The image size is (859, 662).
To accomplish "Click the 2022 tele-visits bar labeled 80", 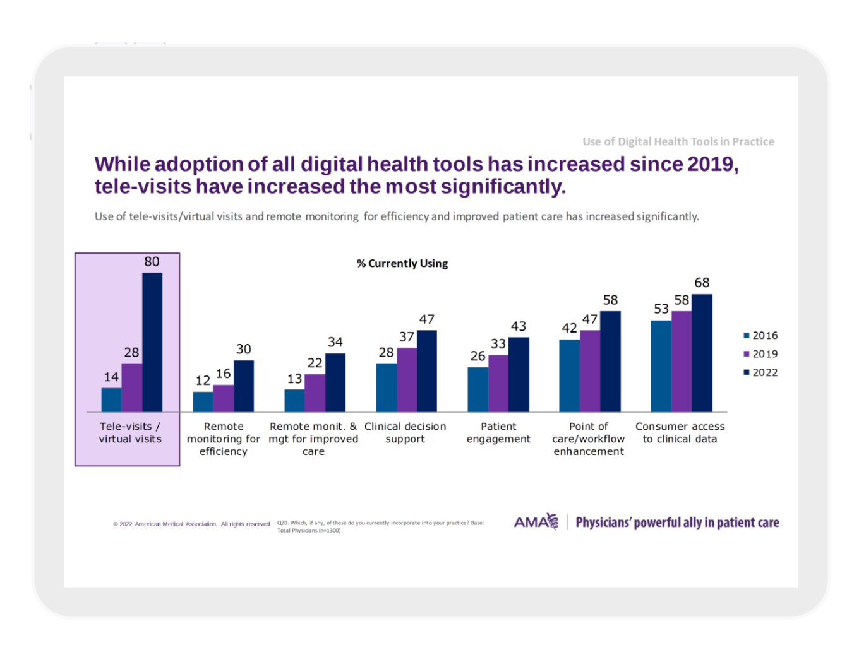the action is tap(152, 342).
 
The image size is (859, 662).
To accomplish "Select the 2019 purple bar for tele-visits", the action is tap(132, 387).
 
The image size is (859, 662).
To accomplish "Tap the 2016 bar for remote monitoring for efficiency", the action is tap(203, 402).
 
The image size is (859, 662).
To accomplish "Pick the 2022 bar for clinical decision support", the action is tap(427, 371).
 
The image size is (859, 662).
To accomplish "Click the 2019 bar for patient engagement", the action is tap(498, 383).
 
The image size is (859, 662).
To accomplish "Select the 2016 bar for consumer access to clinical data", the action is tap(661, 366).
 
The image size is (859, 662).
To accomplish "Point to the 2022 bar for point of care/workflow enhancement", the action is tap(610, 362).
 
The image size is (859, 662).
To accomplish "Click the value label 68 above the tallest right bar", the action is tap(702, 283).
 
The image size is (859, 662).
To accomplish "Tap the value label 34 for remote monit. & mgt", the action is tap(335, 341).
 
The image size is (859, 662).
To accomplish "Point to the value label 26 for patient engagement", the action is tap(478, 356).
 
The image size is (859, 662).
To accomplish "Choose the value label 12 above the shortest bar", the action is tap(203, 381).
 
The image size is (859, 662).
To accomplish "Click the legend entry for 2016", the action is tap(760, 335).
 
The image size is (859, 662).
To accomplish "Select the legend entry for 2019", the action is tap(760, 353).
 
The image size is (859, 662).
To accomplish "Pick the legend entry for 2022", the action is tap(760, 372).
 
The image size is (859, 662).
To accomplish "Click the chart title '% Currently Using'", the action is tap(402, 263).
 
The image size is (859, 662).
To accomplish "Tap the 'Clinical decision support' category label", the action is tap(405, 432).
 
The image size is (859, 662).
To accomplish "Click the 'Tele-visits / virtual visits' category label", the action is tap(130, 432).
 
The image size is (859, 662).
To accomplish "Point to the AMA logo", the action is tap(536, 522).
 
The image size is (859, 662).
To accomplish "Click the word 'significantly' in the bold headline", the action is tap(503, 187).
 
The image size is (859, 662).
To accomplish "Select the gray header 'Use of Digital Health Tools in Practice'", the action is tap(678, 141).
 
